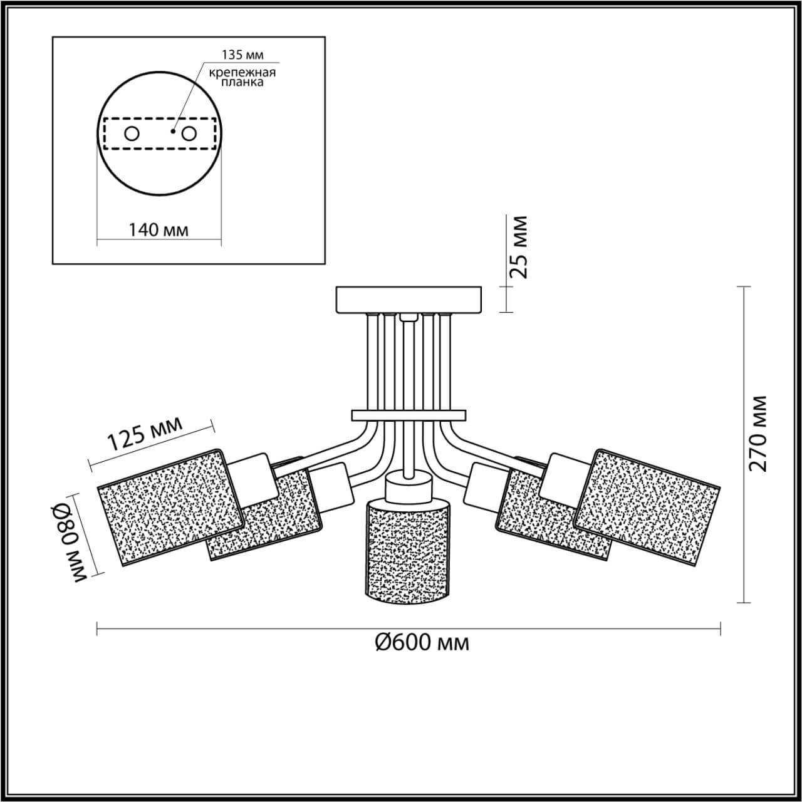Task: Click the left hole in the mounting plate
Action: pos(132,133)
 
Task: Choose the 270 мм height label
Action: pos(759,433)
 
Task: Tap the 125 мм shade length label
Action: pos(145,433)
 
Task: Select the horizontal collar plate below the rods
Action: pos(409,415)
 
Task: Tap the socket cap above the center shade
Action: pos(409,487)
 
